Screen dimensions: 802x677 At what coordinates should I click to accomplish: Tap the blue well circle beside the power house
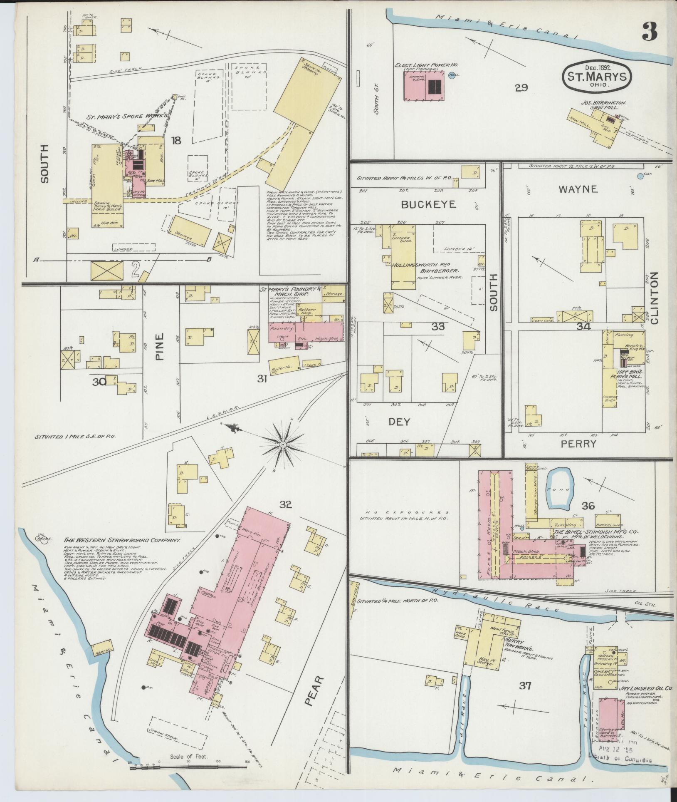tap(452, 76)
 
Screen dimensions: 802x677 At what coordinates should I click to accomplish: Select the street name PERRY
tap(578, 444)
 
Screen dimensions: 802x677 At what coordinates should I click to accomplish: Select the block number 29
tap(521, 87)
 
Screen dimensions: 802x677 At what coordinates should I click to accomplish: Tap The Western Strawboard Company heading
tap(122, 540)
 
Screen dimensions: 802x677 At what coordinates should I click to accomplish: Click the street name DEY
tap(399, 422)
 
